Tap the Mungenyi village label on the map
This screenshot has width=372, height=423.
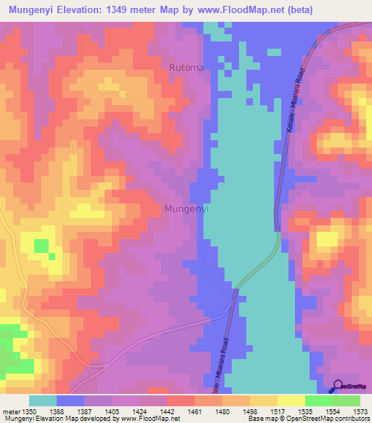click(x=187, y=209)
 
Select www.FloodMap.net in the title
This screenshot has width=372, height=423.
click(x=264, y=10)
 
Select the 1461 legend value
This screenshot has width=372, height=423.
click(x=195, y=412)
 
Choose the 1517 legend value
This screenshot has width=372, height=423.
click(x=276, y=412)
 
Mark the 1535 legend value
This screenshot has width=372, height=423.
click(x=304, y=412)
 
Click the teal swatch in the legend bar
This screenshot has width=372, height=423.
click(x=43, y=400)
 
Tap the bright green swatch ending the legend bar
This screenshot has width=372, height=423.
click(x=347, y=400)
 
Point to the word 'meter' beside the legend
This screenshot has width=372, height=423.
click(x=11, y=412)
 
